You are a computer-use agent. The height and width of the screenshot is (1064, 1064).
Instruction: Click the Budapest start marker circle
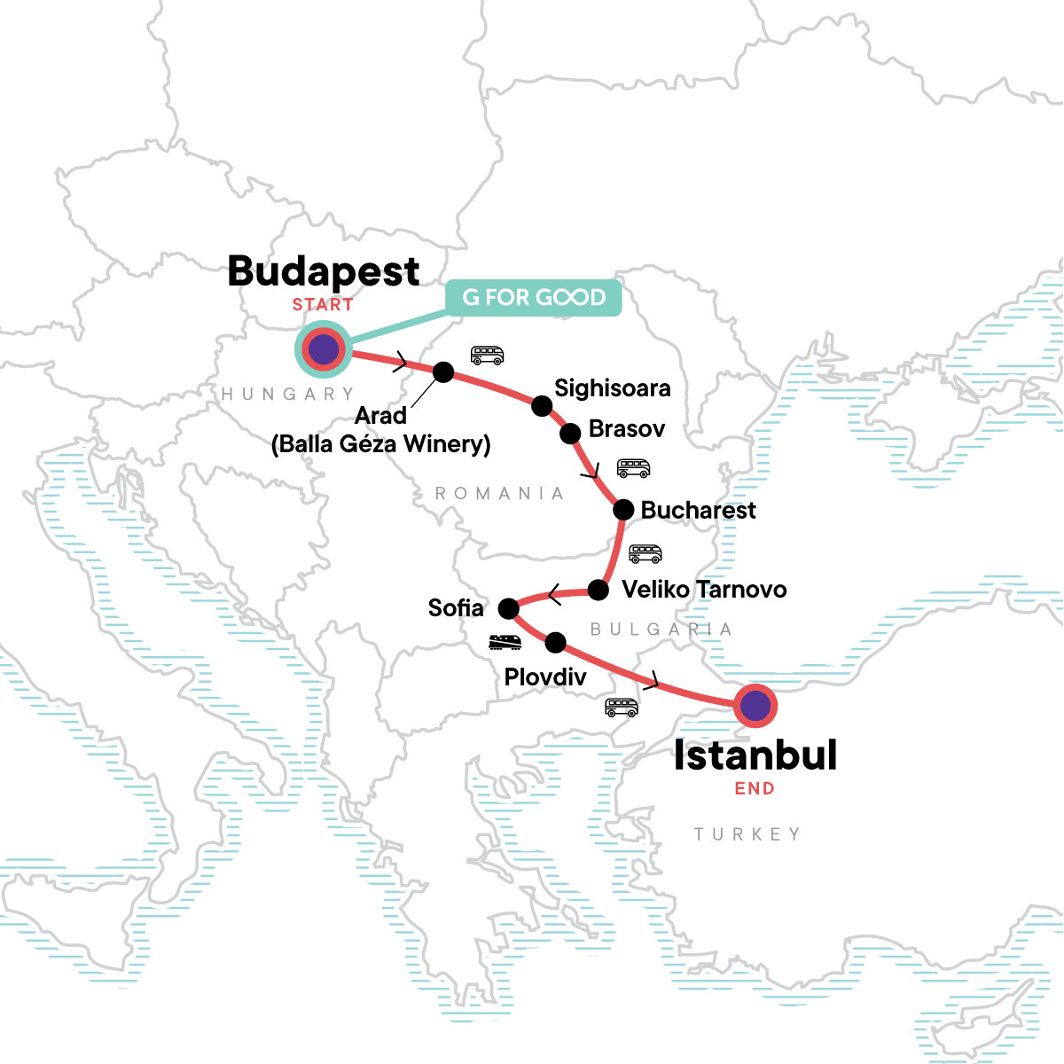pyautogui.click(x=324, y=349)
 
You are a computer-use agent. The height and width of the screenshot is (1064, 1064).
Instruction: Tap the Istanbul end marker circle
pyautogui.click(x=755, y=707)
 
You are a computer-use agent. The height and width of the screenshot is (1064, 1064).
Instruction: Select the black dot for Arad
pyautogui.click(x=442, y=372)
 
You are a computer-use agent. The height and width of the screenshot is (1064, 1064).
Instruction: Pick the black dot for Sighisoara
pyautogui.click(x=542, y=406)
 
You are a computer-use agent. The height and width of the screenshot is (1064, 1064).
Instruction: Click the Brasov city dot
pyautogui.click(x=570, y=433)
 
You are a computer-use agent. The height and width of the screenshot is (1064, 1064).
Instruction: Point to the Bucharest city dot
pyautogui.click(x=623, y=510)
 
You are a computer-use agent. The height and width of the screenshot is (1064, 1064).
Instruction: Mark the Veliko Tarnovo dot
pyautogui.click(x=598, y=590)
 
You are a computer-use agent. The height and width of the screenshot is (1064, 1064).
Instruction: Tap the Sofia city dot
pyautogui.click(x=508, y=608)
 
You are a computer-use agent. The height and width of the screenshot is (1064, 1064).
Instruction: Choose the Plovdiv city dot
pyautogui.click(x=555, y=642)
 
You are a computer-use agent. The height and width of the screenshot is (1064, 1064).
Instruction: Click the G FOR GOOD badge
pyautogui.click(x=533, y=297)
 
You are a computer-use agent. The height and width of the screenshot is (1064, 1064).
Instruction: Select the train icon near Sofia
pyautogui.click(x=505, y=642)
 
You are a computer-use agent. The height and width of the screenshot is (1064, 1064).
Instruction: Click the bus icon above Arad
pyautogui.click(x=487, y=355)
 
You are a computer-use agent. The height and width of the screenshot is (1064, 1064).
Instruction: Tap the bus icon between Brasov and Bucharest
pyautogui.click(x=633, y=467)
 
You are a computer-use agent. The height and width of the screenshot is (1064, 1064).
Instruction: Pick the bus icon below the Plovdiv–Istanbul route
pyautogui.click(x=621, y=707)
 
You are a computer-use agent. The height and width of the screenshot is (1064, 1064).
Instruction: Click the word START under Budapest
pyautogui.click(x=323, y=304)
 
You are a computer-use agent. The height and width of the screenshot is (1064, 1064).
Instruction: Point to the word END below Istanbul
pyautogui.click(x=755, y=788)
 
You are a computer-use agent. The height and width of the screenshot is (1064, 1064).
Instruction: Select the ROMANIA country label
pyautogui.click(x=499, y=493)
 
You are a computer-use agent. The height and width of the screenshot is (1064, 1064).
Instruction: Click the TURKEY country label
pyautogui.click(x=747, y=834)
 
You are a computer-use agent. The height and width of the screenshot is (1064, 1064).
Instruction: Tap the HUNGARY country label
pyautogui.click(x=287, y=394)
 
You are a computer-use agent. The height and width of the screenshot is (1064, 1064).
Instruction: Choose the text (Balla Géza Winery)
pyautogui.click(x=381, y=443)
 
